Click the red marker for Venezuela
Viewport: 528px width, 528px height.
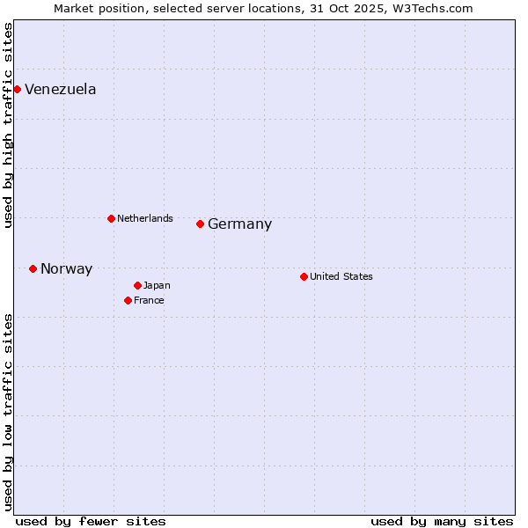click(17, 89)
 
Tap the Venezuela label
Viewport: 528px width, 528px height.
click(61, 90)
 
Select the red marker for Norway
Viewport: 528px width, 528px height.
click(33, 268)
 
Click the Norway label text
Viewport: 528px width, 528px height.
click(66, 269)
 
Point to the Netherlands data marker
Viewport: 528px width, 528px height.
click(111, 218)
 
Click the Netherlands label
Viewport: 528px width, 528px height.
click(145, 218)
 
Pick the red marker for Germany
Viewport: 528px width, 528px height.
click(200, 224)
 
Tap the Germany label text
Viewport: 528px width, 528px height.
click(239, 224)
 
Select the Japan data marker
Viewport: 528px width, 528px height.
click(137, 285)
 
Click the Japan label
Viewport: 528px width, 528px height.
click(157, 285)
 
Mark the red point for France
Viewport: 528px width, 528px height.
click(128, 300)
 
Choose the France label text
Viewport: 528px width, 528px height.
click(149, 300)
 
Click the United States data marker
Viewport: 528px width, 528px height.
click(304, 276)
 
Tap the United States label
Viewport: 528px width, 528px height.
click(341, 276)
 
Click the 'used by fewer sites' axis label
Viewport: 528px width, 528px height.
click(91, 521)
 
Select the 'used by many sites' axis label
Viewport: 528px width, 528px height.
click(442, 521)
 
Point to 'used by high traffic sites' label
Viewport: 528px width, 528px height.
click(8, 125)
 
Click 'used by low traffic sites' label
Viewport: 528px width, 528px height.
click(8, 411)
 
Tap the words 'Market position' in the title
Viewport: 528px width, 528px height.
click(94, 8)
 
